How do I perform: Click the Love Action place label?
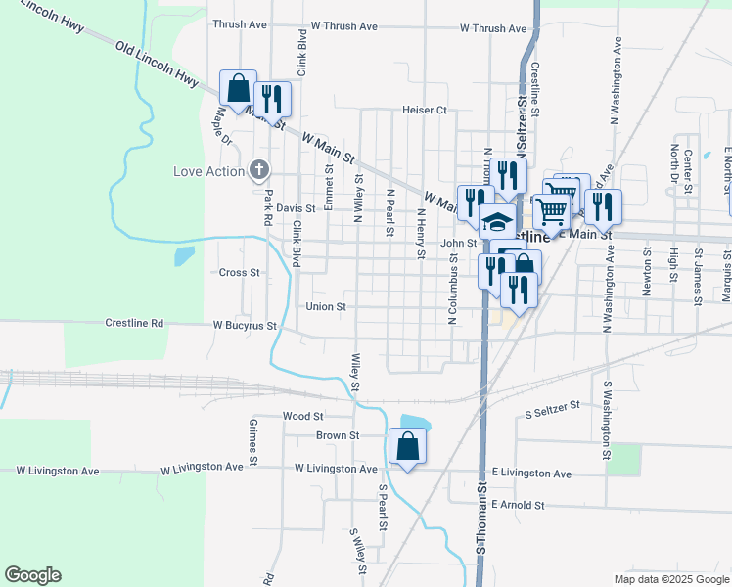click(x=208, y=172)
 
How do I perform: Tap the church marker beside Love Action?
click(x=258, y=171)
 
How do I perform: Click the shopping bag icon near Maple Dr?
click(x=238, y=88)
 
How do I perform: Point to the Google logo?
click(x=32, y=575)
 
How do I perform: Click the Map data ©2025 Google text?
click(x=670, y=579)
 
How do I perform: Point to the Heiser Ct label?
click(x=424, y=111)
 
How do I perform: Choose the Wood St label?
click(x=297, y=416)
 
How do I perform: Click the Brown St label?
click(x=338, y=435)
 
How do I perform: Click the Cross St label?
click(x=240, y=272)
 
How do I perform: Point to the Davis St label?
click(x=296, y=208)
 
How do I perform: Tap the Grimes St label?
click(x=252, y=441)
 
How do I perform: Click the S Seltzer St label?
click(x=553, y=405)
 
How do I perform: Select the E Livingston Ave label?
click(x=531, y=474)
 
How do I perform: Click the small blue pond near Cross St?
click(x=183, y=256)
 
